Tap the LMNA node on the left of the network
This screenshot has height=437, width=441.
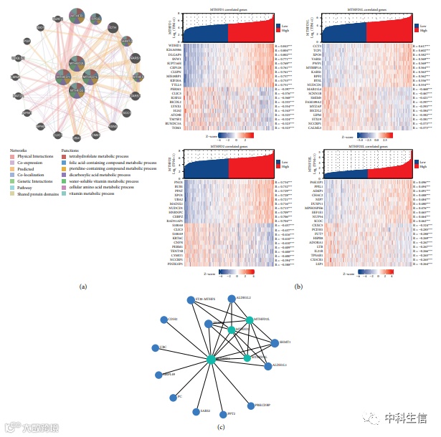coord(16,77)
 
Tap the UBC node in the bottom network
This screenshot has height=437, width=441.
coord(154,348)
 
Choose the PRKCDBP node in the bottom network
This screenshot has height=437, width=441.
coord(250,405)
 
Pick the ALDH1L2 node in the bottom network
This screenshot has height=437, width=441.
coord(231,298)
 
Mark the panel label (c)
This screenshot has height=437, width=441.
coord(221,428)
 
